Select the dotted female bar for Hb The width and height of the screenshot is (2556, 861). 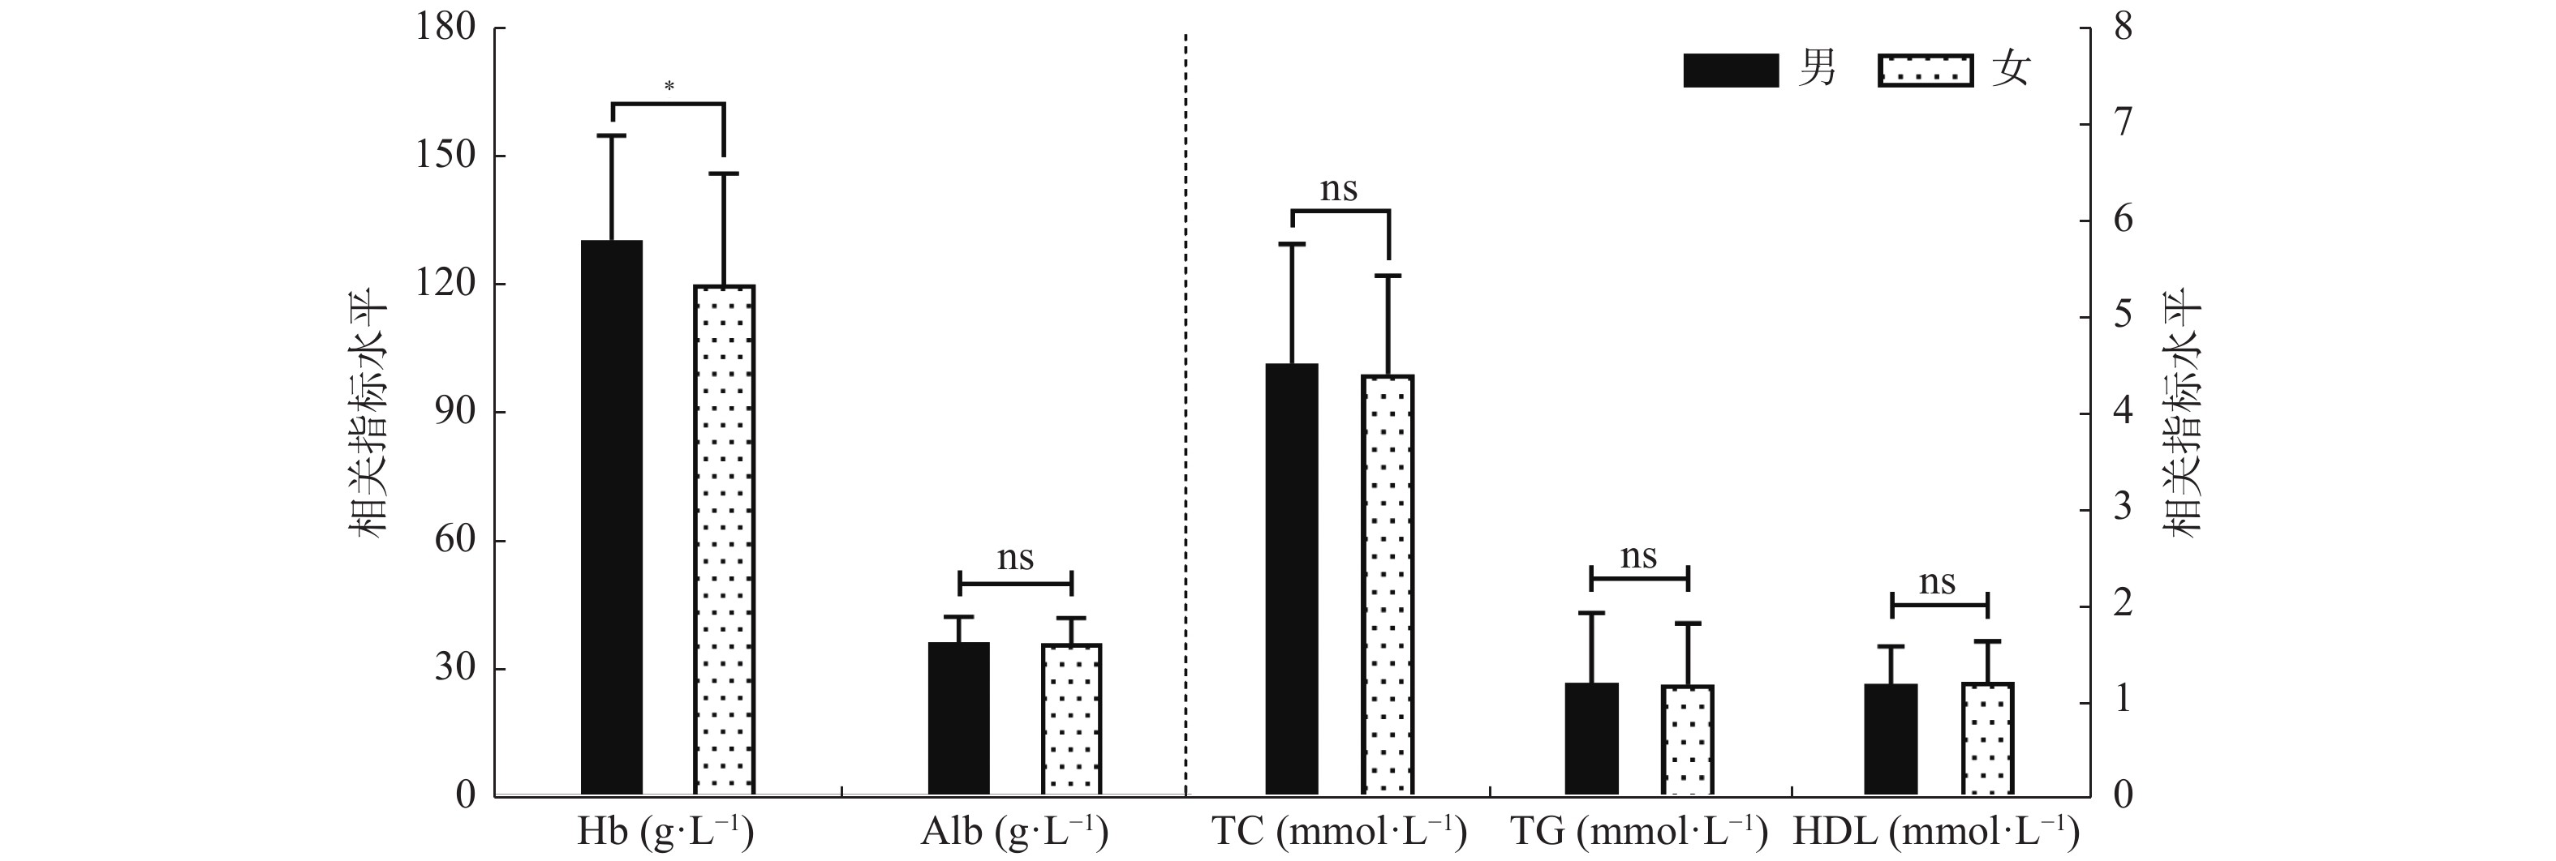[x=725, y=541]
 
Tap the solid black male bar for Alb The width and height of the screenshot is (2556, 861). [x=958, y=718]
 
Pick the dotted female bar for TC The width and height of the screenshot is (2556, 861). [x=1388, y=585]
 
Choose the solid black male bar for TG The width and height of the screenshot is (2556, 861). [x=1591, y=739]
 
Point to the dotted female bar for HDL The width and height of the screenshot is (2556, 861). [x=1987, y=739]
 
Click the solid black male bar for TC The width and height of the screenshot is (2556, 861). [x=1292, y=580]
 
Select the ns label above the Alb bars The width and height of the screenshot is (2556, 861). [x=1015, y=558]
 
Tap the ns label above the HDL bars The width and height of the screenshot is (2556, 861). [x=1937, y=582]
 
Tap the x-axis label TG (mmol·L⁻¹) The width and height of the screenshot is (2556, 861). [x=1638, y=831]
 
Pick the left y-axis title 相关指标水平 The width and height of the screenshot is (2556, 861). [x=370, y=412]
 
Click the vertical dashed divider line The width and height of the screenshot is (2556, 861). [x=1185, y=396]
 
